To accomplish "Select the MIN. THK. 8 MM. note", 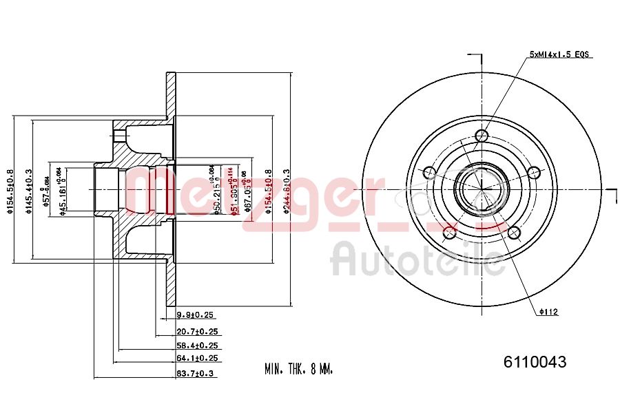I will (x=298, y=370).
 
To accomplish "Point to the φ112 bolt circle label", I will (x=548, y=312).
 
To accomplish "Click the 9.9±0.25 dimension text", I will (x=196, y=315).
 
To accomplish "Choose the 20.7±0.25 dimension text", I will (x=196, y=331).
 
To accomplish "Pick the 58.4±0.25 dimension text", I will (x=196, y=346).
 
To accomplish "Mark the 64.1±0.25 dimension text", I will (x=196, y=359).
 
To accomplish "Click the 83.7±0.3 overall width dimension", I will (x=196, y=373).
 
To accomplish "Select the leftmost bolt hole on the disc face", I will (x=430, y=172).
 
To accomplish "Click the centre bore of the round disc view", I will (x=482, y=187).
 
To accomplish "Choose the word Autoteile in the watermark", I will (x=417, y=260).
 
